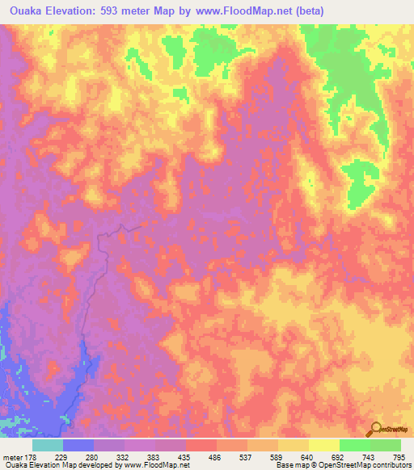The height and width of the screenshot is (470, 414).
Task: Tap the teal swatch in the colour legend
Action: pyautogui.click(x=47, y=445)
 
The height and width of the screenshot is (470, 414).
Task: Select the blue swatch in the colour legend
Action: pyautogui.click(x=78, y=445)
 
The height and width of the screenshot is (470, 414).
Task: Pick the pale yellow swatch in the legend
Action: pyautogui.click(x=323, y=445)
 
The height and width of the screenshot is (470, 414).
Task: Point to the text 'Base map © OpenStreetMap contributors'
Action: pyautogui.click(x=342, y=465)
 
